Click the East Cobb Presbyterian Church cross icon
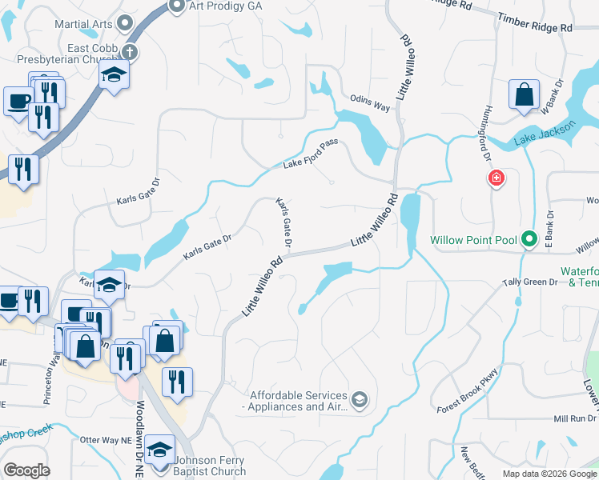tap(130, 53)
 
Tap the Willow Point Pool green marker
tap(529, 239)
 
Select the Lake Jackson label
tap(545, 134)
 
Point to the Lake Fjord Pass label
tap(312, 154)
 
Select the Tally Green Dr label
tap(529, 282)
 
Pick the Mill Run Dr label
tap(574, 418)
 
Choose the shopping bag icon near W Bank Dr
tap(523, 94)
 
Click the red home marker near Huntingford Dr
tap(496, 178)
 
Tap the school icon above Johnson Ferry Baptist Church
tap(161, 450)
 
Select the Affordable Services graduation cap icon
tap(360, 398)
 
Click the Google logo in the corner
tap(26, 470)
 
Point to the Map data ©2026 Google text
tap(548, 474)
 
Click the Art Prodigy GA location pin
tap(178, 6)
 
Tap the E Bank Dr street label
tap(550, 225)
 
